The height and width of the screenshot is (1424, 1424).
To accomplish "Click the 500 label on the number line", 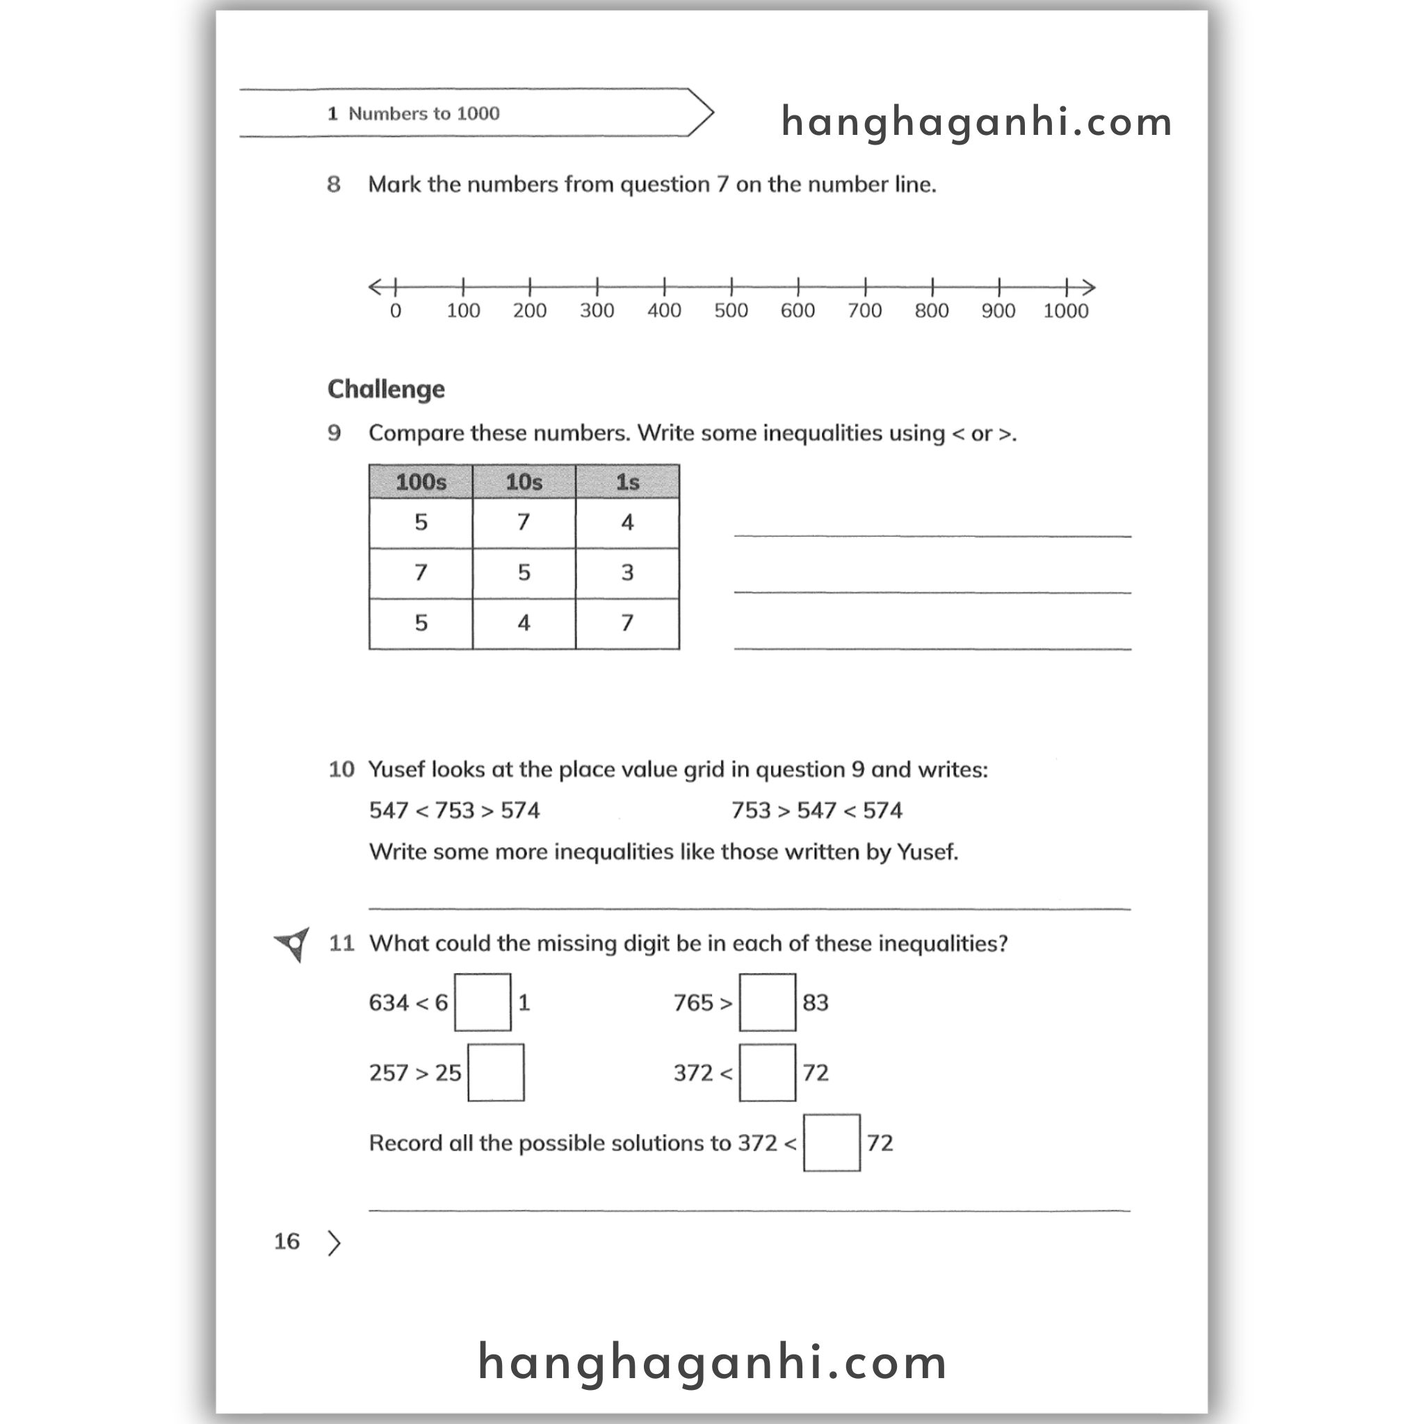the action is (x=731, y=311).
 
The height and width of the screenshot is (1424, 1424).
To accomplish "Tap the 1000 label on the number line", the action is (x=1065, y=311).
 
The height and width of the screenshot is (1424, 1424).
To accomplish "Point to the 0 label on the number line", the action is (x=396, y=311).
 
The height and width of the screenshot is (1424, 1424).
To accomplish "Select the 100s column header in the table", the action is (x=421, y=482).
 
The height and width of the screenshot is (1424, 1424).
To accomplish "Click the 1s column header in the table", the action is (x=627, y=482).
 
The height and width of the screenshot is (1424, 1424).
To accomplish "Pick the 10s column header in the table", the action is (x=524, y=482).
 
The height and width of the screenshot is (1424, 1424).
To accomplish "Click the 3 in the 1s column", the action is (x=627, y=573).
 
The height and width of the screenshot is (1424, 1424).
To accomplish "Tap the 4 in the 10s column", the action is (x=524, y=624).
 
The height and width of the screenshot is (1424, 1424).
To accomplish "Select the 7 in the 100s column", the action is (x=421, y=573).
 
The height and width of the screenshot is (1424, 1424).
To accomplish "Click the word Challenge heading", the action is (x=386, y=389).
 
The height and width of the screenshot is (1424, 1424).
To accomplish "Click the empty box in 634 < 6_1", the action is (x=483, y=1003).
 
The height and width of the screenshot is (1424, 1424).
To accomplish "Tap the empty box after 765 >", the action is (x=768, y=1003).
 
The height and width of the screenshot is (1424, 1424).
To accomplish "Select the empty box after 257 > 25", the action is (x=496, y=1072).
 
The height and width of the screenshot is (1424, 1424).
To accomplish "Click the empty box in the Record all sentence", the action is (x=832, y=1142).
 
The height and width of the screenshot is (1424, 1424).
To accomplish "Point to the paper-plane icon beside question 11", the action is (x=293, y=944).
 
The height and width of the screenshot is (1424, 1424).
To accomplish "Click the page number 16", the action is (x=286, y=1242).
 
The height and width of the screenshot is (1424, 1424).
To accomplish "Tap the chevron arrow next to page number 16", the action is (x=334, y=1243).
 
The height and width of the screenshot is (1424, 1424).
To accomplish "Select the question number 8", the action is (x=334, y=184).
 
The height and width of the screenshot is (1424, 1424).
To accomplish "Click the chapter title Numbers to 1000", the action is (x=424, y=113).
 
